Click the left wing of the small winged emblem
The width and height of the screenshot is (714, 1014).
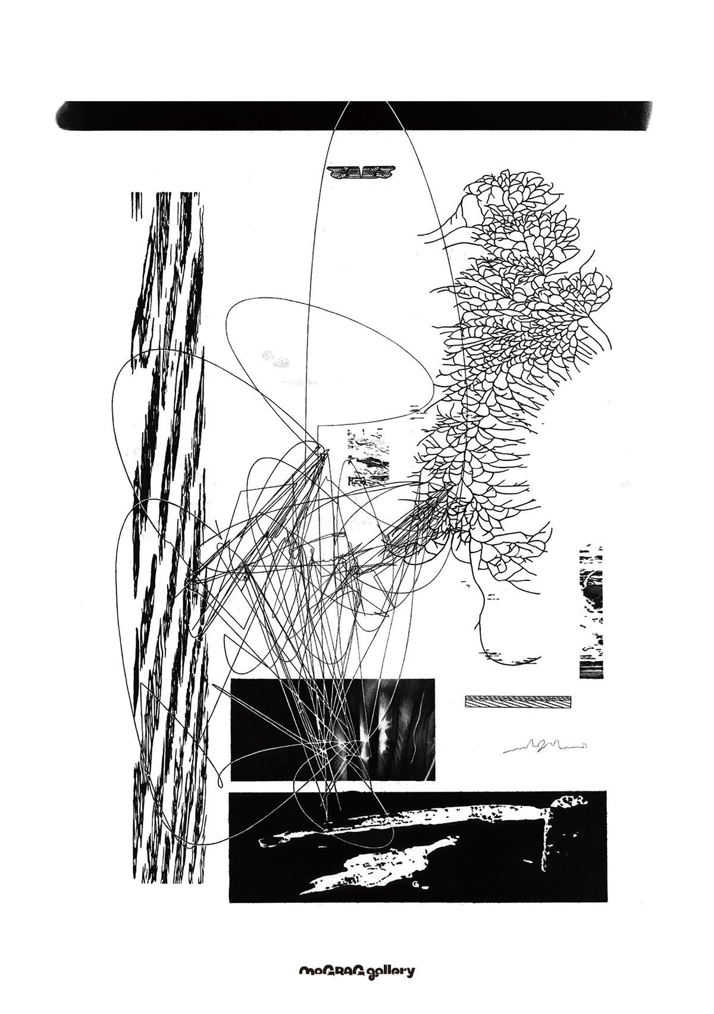click(x=344, y=172)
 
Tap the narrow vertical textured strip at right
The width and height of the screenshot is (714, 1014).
click(x=591, y=611)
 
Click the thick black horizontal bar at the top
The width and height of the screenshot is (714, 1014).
click(x=353, y=116)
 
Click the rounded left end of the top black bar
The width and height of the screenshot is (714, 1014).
click(x=64, y=117)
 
